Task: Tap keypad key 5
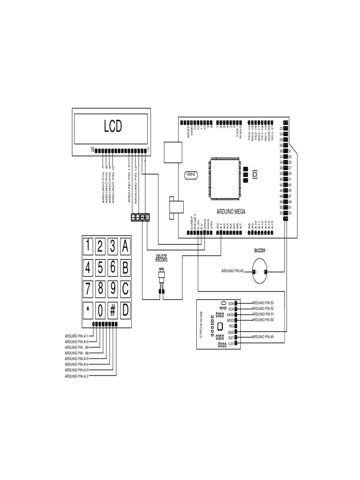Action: (100, 268)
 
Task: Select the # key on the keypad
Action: (113, 310)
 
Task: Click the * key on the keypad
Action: (88, 310)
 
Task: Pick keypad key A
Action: (125, 245)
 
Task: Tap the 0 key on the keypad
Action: (100, 310)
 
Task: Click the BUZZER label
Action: (260, 251)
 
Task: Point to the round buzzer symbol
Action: (260, 272)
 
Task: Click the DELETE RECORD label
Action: (162, 258)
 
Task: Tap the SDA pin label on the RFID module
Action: (231, 303)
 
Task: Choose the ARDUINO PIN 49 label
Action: (262, 337)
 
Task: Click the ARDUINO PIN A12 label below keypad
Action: (77, 376)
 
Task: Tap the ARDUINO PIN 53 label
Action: (262, 303)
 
